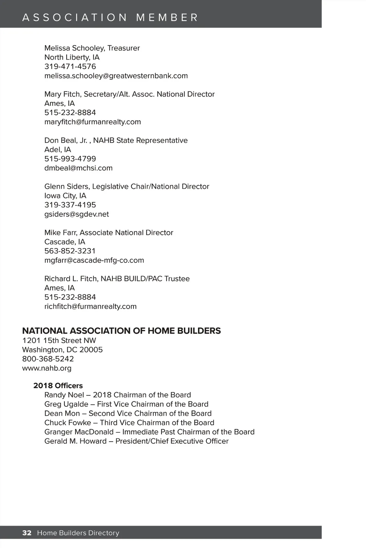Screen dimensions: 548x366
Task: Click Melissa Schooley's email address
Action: pyautogui.click(x=116, y=76)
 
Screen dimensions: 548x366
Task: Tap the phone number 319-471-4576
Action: pyautogui.click(x=70, y=66)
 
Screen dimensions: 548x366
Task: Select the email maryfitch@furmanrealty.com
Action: pyautogui.click(x=92, y=122)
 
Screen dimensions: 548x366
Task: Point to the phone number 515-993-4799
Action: pyautogui.click(x=70, y=159)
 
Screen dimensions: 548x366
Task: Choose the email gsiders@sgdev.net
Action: pyautogui.click(x=77, y=214)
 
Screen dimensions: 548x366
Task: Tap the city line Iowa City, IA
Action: pyautogui.click(x=65, y=195)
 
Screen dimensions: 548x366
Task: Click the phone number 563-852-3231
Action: pyautogui.click(x=70, y=251)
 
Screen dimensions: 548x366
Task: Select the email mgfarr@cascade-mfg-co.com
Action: pyautogui.click(x=94, y=260)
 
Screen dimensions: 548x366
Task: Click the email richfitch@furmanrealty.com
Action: pyautogui.click(x=90, y=306)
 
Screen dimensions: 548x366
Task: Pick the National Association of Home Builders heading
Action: pyautogui.click(x=121, y=331)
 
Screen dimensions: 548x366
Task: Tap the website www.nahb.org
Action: pyautogui.click(x=47, y=368)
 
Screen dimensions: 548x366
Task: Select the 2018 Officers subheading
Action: pyautogui.click(x=58, y=385)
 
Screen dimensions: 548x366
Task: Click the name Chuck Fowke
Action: pyautogui.click(x=68, y=423)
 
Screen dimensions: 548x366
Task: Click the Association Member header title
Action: pyautogui.click(x=110, y=17)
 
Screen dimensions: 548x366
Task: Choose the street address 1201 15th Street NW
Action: pyautogui.click(x=59, y=340)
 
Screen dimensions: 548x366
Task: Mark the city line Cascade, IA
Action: pyautogui.click(x=65, y=242)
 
